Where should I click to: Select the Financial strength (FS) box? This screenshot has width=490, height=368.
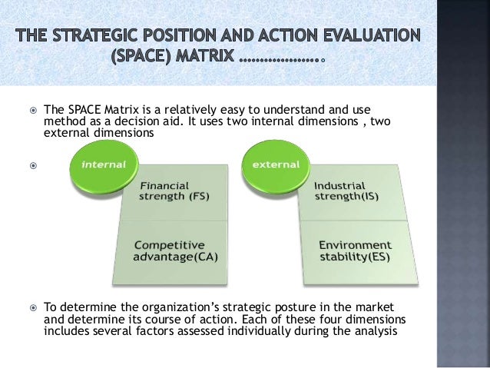pyautogui.click(x=177, y=192)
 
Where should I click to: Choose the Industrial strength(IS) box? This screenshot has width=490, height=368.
pyautogui.click(x=349, y=192)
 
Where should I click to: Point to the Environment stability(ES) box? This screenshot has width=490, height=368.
pyautogui.click(x=349, y=250)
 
